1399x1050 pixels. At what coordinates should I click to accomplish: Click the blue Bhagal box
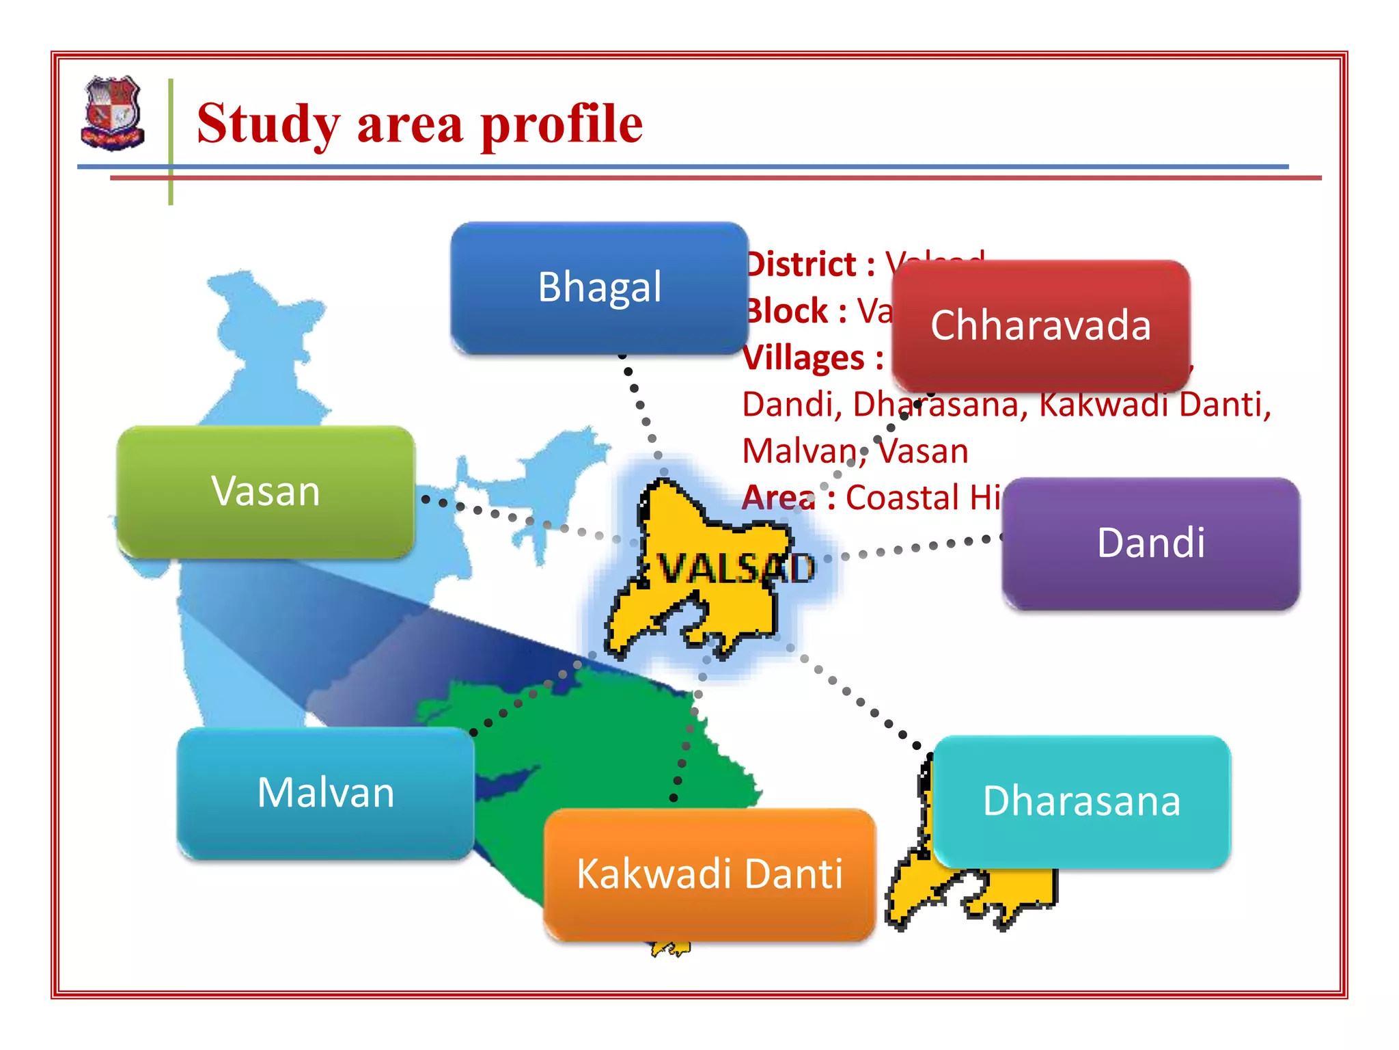click(x=599, y=287)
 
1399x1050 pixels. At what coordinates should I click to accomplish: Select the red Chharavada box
click(x=1040, y=325)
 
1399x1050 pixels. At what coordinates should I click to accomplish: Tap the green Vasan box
click(x=265, y=491)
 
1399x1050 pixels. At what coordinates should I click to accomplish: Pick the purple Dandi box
click(x=1150, y=543)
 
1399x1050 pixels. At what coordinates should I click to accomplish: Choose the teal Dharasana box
click(x=1081, y=801)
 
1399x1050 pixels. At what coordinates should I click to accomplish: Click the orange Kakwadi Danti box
click(x=709, y=874)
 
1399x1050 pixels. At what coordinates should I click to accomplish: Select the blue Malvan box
click(x=325, y=793)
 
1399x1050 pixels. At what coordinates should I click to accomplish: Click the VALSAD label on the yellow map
click(x=735, y=567)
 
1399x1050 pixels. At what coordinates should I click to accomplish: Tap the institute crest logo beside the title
click(x=113, y=113)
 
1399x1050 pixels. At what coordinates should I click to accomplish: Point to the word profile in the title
click(x=562, y=124)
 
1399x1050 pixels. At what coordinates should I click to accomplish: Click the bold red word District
click(x=802, y=265)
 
